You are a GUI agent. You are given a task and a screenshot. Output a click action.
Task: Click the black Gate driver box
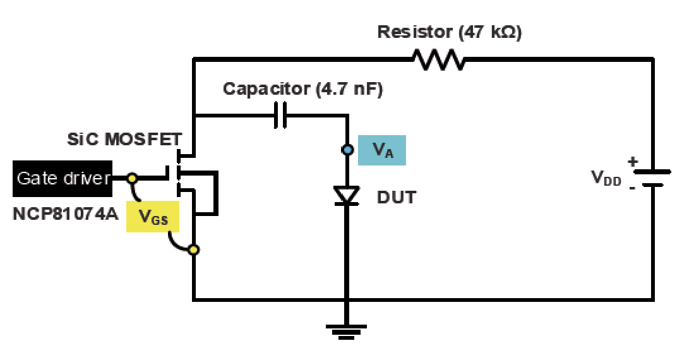coord(62,178)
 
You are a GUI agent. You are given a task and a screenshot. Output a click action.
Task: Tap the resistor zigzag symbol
coord(438,59)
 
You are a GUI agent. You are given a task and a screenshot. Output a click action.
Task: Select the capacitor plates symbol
coord(281,115)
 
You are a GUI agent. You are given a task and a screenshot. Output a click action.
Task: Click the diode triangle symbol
coord(347,195)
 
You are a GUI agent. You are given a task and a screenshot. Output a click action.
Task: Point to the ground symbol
coord(347,332)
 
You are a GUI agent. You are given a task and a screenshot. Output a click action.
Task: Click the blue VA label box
coord(382,150)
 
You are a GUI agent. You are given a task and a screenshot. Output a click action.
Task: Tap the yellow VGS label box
coord(153,216)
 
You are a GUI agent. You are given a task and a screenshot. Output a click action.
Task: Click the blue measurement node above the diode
coord(347,150)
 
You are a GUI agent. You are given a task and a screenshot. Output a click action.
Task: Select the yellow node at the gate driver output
coord(132,178)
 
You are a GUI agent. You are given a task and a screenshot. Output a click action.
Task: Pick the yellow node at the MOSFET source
coord(194,249)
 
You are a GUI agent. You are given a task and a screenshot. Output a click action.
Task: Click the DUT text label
coord(396,198)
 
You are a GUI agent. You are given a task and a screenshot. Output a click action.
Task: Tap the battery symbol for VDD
coord(652,178)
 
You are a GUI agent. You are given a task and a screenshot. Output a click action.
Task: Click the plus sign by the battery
coord(632,162)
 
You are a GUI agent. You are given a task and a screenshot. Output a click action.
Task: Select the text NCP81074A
coord(65,214)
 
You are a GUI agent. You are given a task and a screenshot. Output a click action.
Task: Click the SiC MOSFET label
coord(124,139)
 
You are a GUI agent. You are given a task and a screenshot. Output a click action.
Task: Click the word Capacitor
coord(266,89)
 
